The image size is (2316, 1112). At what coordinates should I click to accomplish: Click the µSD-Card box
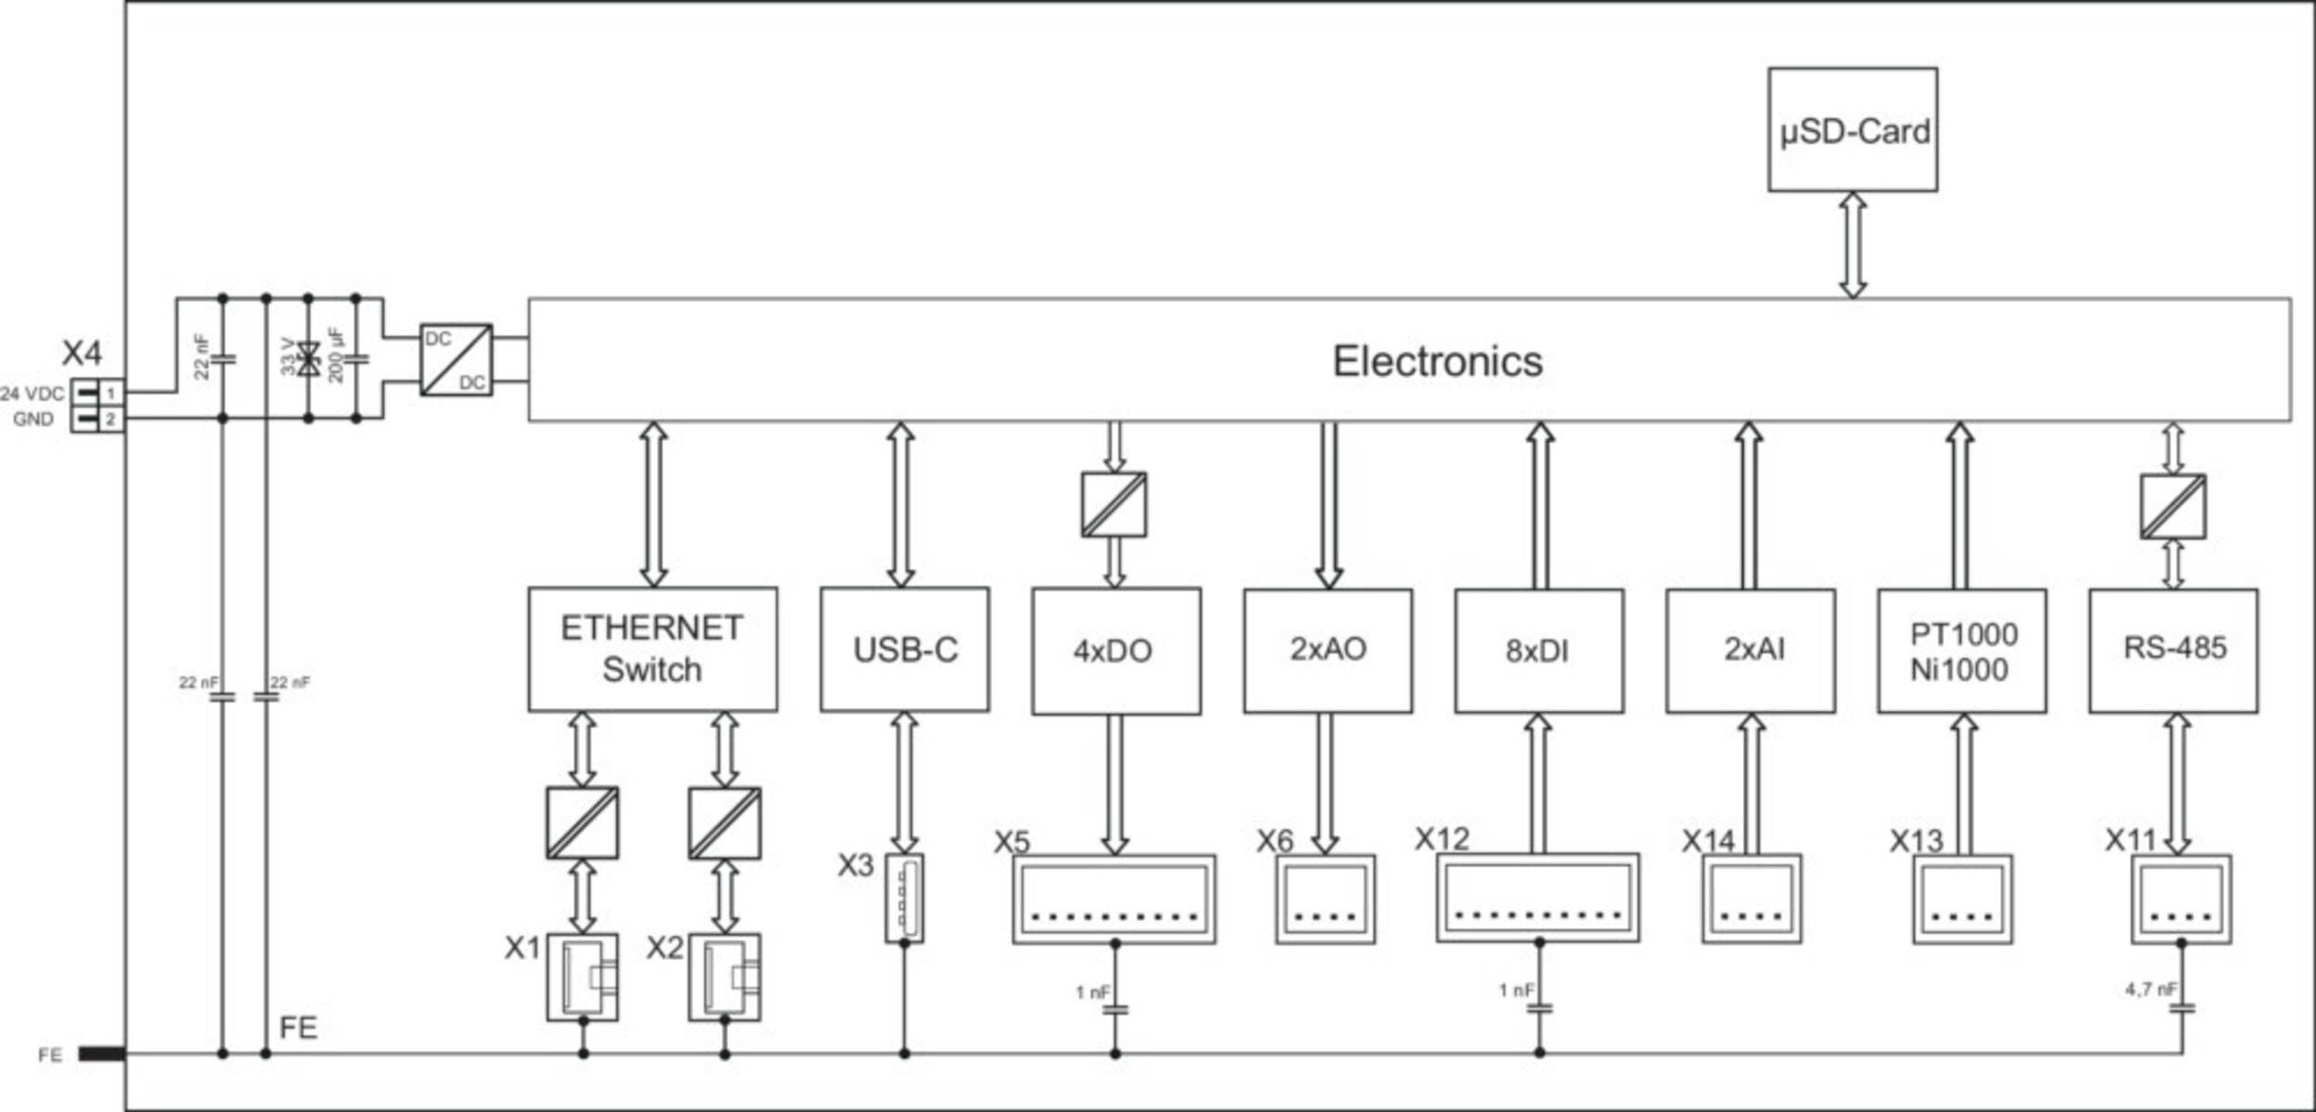click(x=1852, y=130)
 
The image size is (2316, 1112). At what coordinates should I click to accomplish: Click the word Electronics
click(x=1437, y=361)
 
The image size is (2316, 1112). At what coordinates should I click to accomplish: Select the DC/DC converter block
click(x=456, y=360)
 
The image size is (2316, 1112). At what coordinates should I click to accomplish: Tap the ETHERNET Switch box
click(x=652, y=649)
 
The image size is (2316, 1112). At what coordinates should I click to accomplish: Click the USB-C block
click(x=904, y=650)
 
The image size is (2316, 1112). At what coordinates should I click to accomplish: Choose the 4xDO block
click(x=1115, y=651)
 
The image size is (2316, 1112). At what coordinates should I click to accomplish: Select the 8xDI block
click(x=1539, y=651)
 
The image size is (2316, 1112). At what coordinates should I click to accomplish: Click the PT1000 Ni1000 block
click(x=1961, y=651)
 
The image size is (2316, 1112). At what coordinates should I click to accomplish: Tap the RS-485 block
click(x=2173, y=650)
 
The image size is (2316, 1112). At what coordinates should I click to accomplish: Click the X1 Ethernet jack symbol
click(x=582, y=977)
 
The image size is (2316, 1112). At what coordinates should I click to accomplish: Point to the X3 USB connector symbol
click(x=903, y=898)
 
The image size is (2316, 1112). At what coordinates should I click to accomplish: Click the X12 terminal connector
click(x=1537, y=898)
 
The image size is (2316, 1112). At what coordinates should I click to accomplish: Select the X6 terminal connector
click(x=1325, y=899)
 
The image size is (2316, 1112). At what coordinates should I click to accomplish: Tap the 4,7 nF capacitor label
click(x=2150, y=990)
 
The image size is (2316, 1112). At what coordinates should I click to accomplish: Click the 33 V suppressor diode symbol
click(x=308, y=359)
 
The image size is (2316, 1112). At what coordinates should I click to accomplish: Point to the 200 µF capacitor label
click(x=336, y=355)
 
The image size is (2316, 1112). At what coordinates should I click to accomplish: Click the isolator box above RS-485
click(x=2172, y=507)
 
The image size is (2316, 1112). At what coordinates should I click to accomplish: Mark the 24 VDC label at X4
click(x=32, y=394)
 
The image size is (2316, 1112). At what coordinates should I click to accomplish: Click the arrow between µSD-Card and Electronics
click(x=1852, y=246)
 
